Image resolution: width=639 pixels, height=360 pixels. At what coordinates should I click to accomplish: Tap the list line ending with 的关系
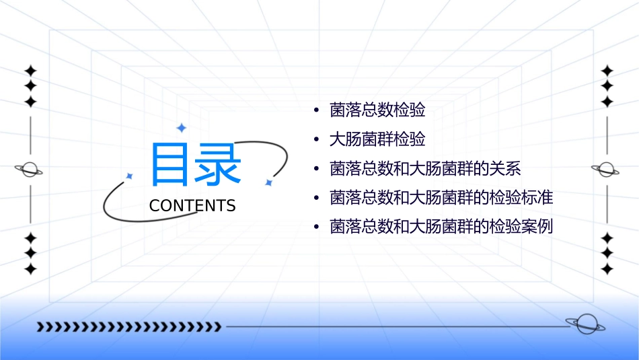click(x=425, y=169)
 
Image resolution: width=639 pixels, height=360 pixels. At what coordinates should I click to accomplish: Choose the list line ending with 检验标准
click(x=441, y=198)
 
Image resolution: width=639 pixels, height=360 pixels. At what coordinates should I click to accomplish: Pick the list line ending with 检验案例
click(x=441, y=227)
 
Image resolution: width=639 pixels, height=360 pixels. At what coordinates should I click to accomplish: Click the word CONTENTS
click(x=192, y=206)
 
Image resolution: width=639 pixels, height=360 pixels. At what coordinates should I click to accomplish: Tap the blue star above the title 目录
click(x=180, y=127)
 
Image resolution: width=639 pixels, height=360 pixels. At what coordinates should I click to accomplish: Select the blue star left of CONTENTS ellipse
click(x=129, y=176)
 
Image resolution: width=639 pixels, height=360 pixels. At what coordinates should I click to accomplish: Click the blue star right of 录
click(x=268, y=182)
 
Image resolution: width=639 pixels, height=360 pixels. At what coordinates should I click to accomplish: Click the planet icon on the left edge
click(x=30, y=170)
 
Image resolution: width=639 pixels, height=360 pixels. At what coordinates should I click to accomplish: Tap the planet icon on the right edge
click(x=606, y=170)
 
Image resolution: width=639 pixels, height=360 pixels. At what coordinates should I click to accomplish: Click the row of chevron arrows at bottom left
click(x=128, y=327)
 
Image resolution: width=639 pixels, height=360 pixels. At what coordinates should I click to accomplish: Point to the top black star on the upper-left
click(x=30, y=71)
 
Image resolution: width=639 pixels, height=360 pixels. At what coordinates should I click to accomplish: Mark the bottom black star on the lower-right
click(x=607, y=269)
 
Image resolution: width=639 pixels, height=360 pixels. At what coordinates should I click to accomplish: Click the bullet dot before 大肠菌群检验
click(x=316, y=140)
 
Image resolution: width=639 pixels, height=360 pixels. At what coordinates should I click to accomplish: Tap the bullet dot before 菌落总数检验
click(x=316, y=110)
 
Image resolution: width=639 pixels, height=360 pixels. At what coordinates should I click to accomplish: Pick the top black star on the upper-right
click(x=607, y=71)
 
